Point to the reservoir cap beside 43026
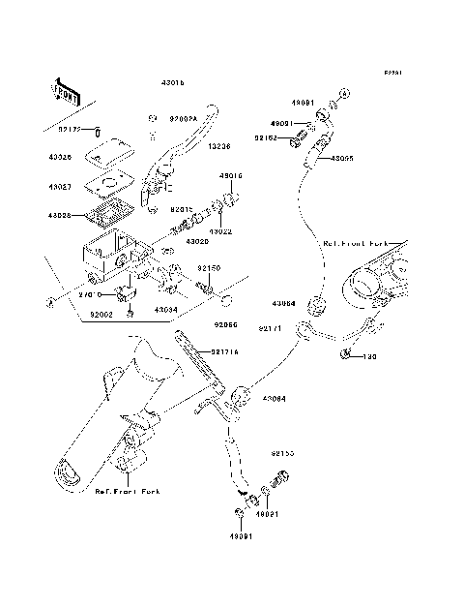(x=107, y=150)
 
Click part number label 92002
(x=101, y=314)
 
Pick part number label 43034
(x=167, y=311)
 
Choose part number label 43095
(x=344, y=158)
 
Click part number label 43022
(x=221, y=231)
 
